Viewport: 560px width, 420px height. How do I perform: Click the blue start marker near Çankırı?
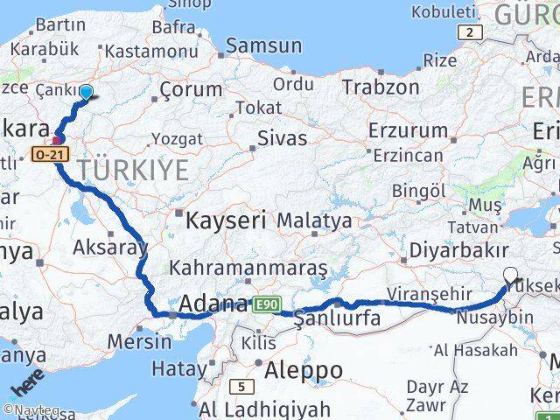[x=86, y=93]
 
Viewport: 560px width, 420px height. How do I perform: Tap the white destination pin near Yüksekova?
[x=511, y=276]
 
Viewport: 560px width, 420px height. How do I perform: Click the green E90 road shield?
[x=266, y=304]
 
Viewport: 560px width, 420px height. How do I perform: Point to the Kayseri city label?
[x=225, y=220]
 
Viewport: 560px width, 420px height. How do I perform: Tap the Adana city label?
[x=213, y=304]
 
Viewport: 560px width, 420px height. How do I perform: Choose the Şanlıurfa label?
[x=338, y=318]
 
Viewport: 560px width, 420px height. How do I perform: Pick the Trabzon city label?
[x=381, y=87]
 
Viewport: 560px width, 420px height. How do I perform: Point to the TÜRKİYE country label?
[x=134, y=170]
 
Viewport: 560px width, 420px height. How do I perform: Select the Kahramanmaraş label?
[x=249, y=267]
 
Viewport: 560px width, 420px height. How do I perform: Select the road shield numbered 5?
[x=241, y=385]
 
